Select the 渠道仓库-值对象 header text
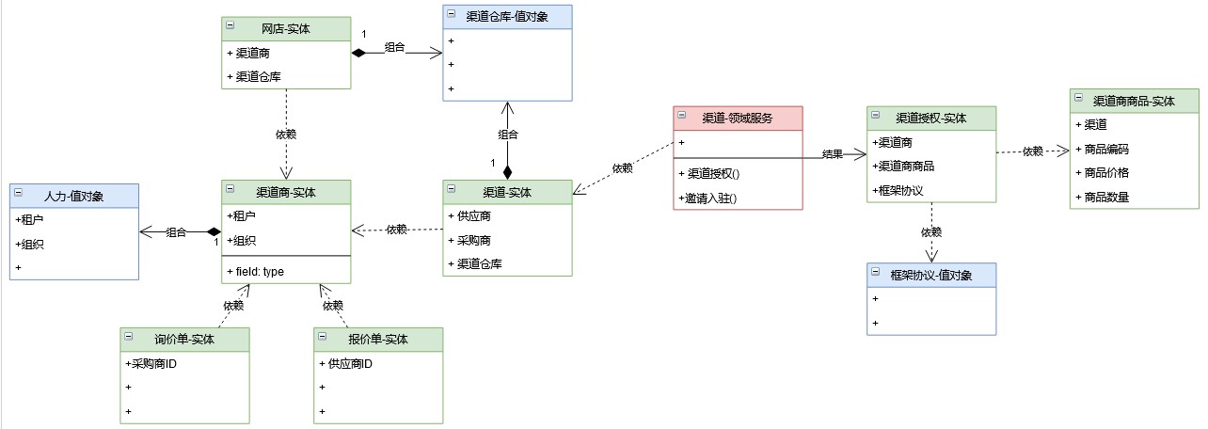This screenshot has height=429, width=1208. pyautogui.click(x=507, y=16)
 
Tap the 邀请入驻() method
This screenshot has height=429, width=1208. pyautogui.click(x=707, y=198)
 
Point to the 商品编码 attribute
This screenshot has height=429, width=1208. pyautogui.click(x=1106, y=150)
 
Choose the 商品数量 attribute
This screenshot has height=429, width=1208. pyautogui.click(x=1106, y=198)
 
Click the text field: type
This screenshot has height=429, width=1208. pyautogui.click(x=255, y=271)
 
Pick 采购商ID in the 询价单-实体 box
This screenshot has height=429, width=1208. pyautogui.click(x=151, y=363)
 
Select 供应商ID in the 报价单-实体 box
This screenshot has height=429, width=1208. pyautogui.click(x=346, y=363)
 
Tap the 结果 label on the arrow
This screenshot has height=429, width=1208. pyautogui.click(x=832, y=154)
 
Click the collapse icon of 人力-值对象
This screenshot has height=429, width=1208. pyautogui.click(x=21, y=196)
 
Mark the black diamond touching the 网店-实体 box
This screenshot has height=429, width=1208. pyautogui.click(x=358, y=54)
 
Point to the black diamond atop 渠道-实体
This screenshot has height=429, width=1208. pyautogui.click(x=507, y=172)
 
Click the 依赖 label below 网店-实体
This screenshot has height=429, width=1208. pyautogui.click(x=286, y=134)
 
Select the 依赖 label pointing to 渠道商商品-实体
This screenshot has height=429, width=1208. pyautogui.click(x=1033, y=151)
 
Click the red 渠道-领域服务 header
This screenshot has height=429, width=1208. pyautogui.click(x=739, y=118)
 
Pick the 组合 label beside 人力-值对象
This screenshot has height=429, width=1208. pyautogui.click(x=176, y=232)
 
